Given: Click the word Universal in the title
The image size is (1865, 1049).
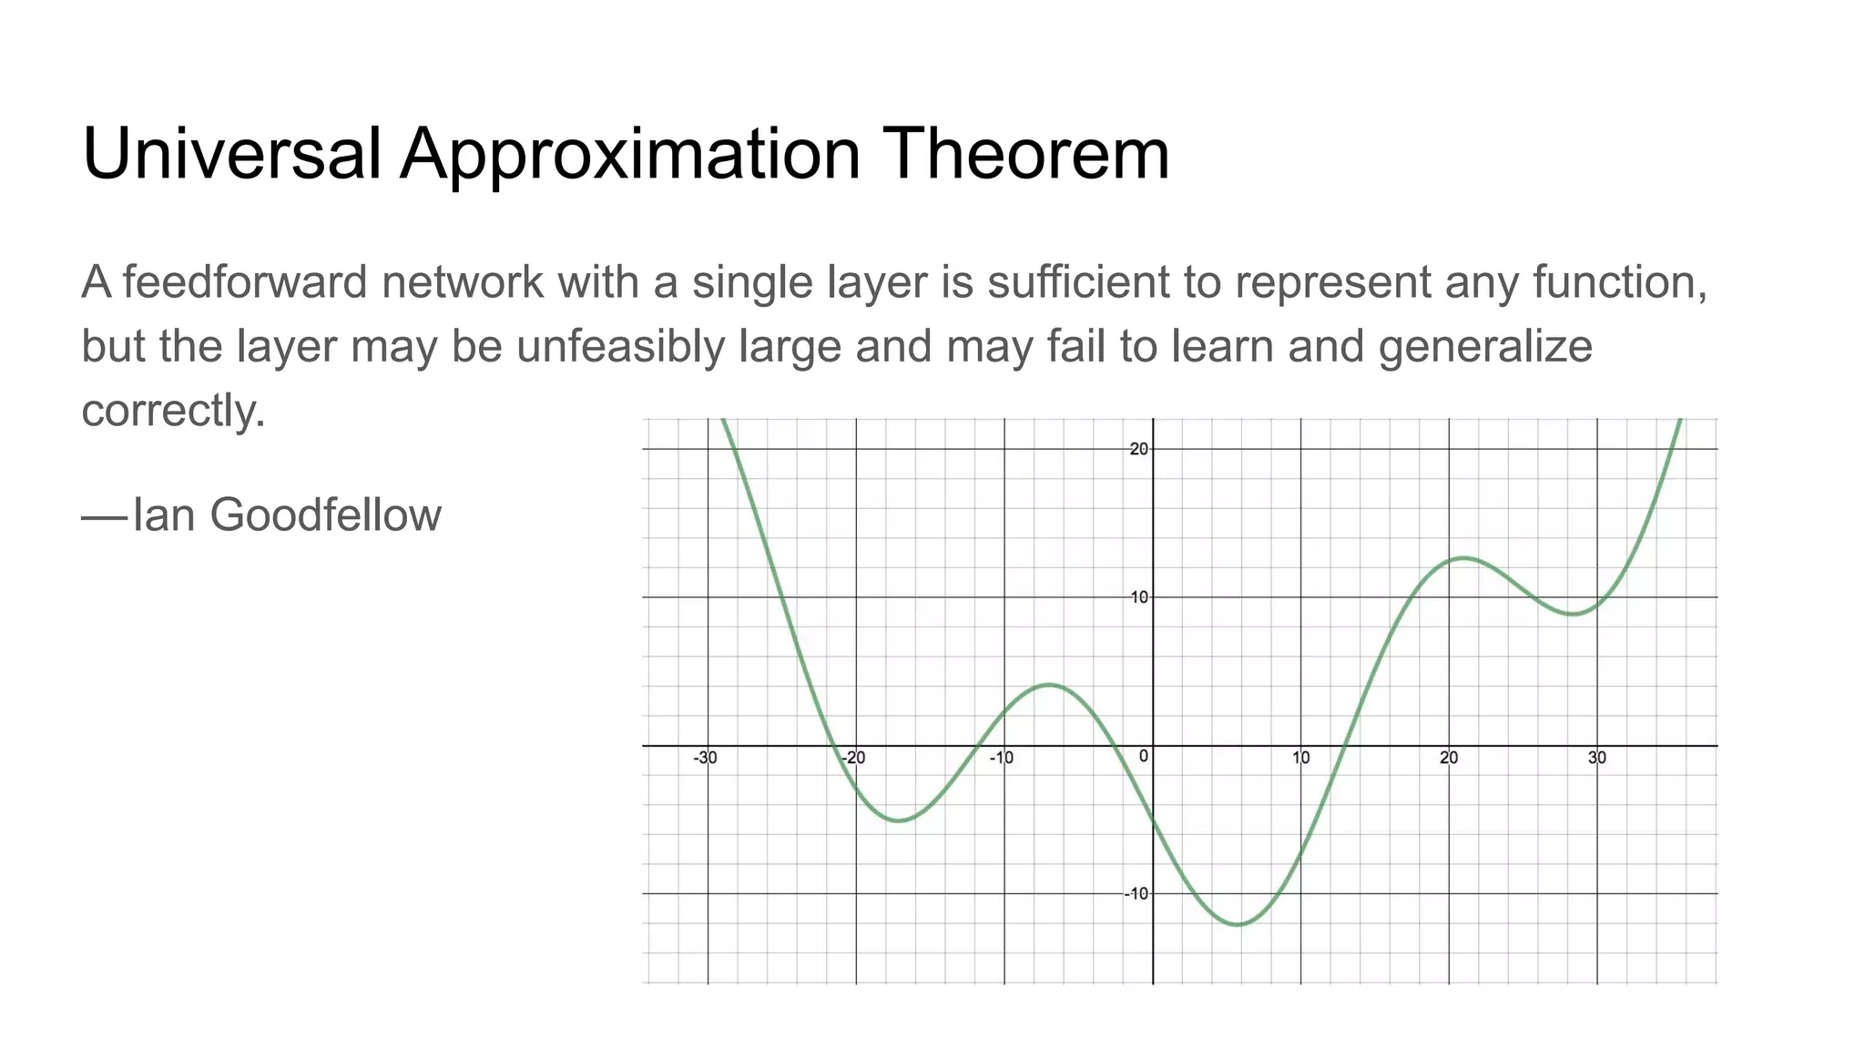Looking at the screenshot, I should pos(231,153).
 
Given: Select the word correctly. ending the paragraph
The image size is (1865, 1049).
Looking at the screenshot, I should pos(173,412).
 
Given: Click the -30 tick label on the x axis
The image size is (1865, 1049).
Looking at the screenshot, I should pos(705,758).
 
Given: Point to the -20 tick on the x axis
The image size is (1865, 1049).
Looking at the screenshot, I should pos(852,758).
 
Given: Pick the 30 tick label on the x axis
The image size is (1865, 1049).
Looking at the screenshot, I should pos(1597,758).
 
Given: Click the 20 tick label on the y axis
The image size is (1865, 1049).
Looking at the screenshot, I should pos(1138,449).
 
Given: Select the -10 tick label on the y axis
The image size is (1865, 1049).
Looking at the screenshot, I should pos(1136,893).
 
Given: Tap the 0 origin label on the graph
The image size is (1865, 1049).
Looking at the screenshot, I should pos(1144,757).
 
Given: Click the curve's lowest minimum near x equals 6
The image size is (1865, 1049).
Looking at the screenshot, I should pos(1238,924).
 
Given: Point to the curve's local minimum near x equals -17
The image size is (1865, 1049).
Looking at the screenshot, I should pos(899,820).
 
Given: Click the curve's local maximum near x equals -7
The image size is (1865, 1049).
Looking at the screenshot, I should pos(1050,684).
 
